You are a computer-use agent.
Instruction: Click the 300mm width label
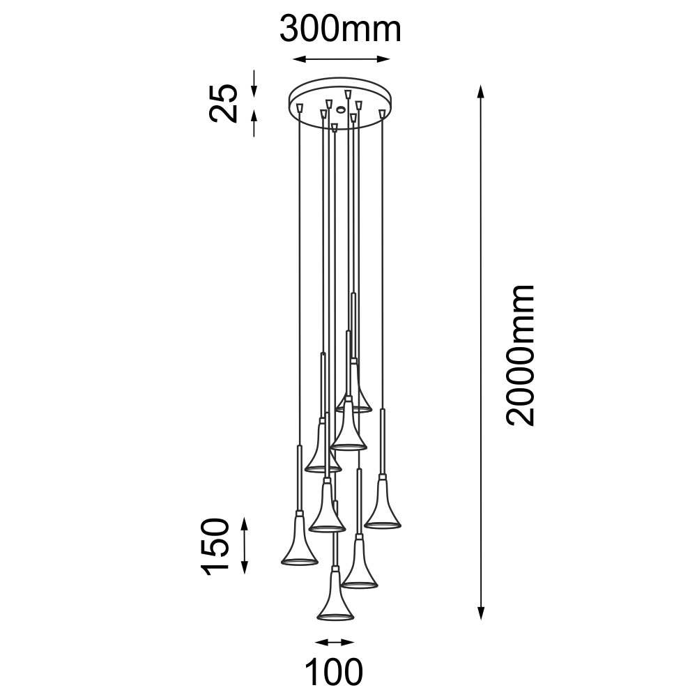pyautogui.click(x=341, y=29)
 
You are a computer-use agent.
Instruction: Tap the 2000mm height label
pyautogui.click(x=520, y=355)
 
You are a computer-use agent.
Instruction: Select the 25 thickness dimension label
pyautogui.click(x=224, y=102)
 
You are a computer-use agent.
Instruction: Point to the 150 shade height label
pyautogui.click(x=215, y=546)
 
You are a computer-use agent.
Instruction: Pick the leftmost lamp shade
pyautogui.click(x=300, y=539)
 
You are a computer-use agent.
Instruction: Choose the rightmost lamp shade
pyautogui.click(x=383, y=503)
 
